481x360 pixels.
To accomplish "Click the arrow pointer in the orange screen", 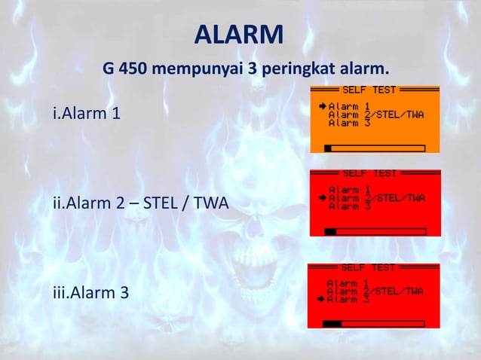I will pyautogui.click(x=321, y=106).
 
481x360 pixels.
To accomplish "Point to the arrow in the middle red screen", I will pyautogui.click(x=321, y=198).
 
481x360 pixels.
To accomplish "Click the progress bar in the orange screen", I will pyautogui.click(x=375, y=148).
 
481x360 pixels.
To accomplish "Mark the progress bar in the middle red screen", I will pyautogui.click(x=375, y=231).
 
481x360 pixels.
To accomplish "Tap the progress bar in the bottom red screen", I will pyautogui.click(x=374, y=324).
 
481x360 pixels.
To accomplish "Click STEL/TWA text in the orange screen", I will pyautogui.click(x=399, y=114).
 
